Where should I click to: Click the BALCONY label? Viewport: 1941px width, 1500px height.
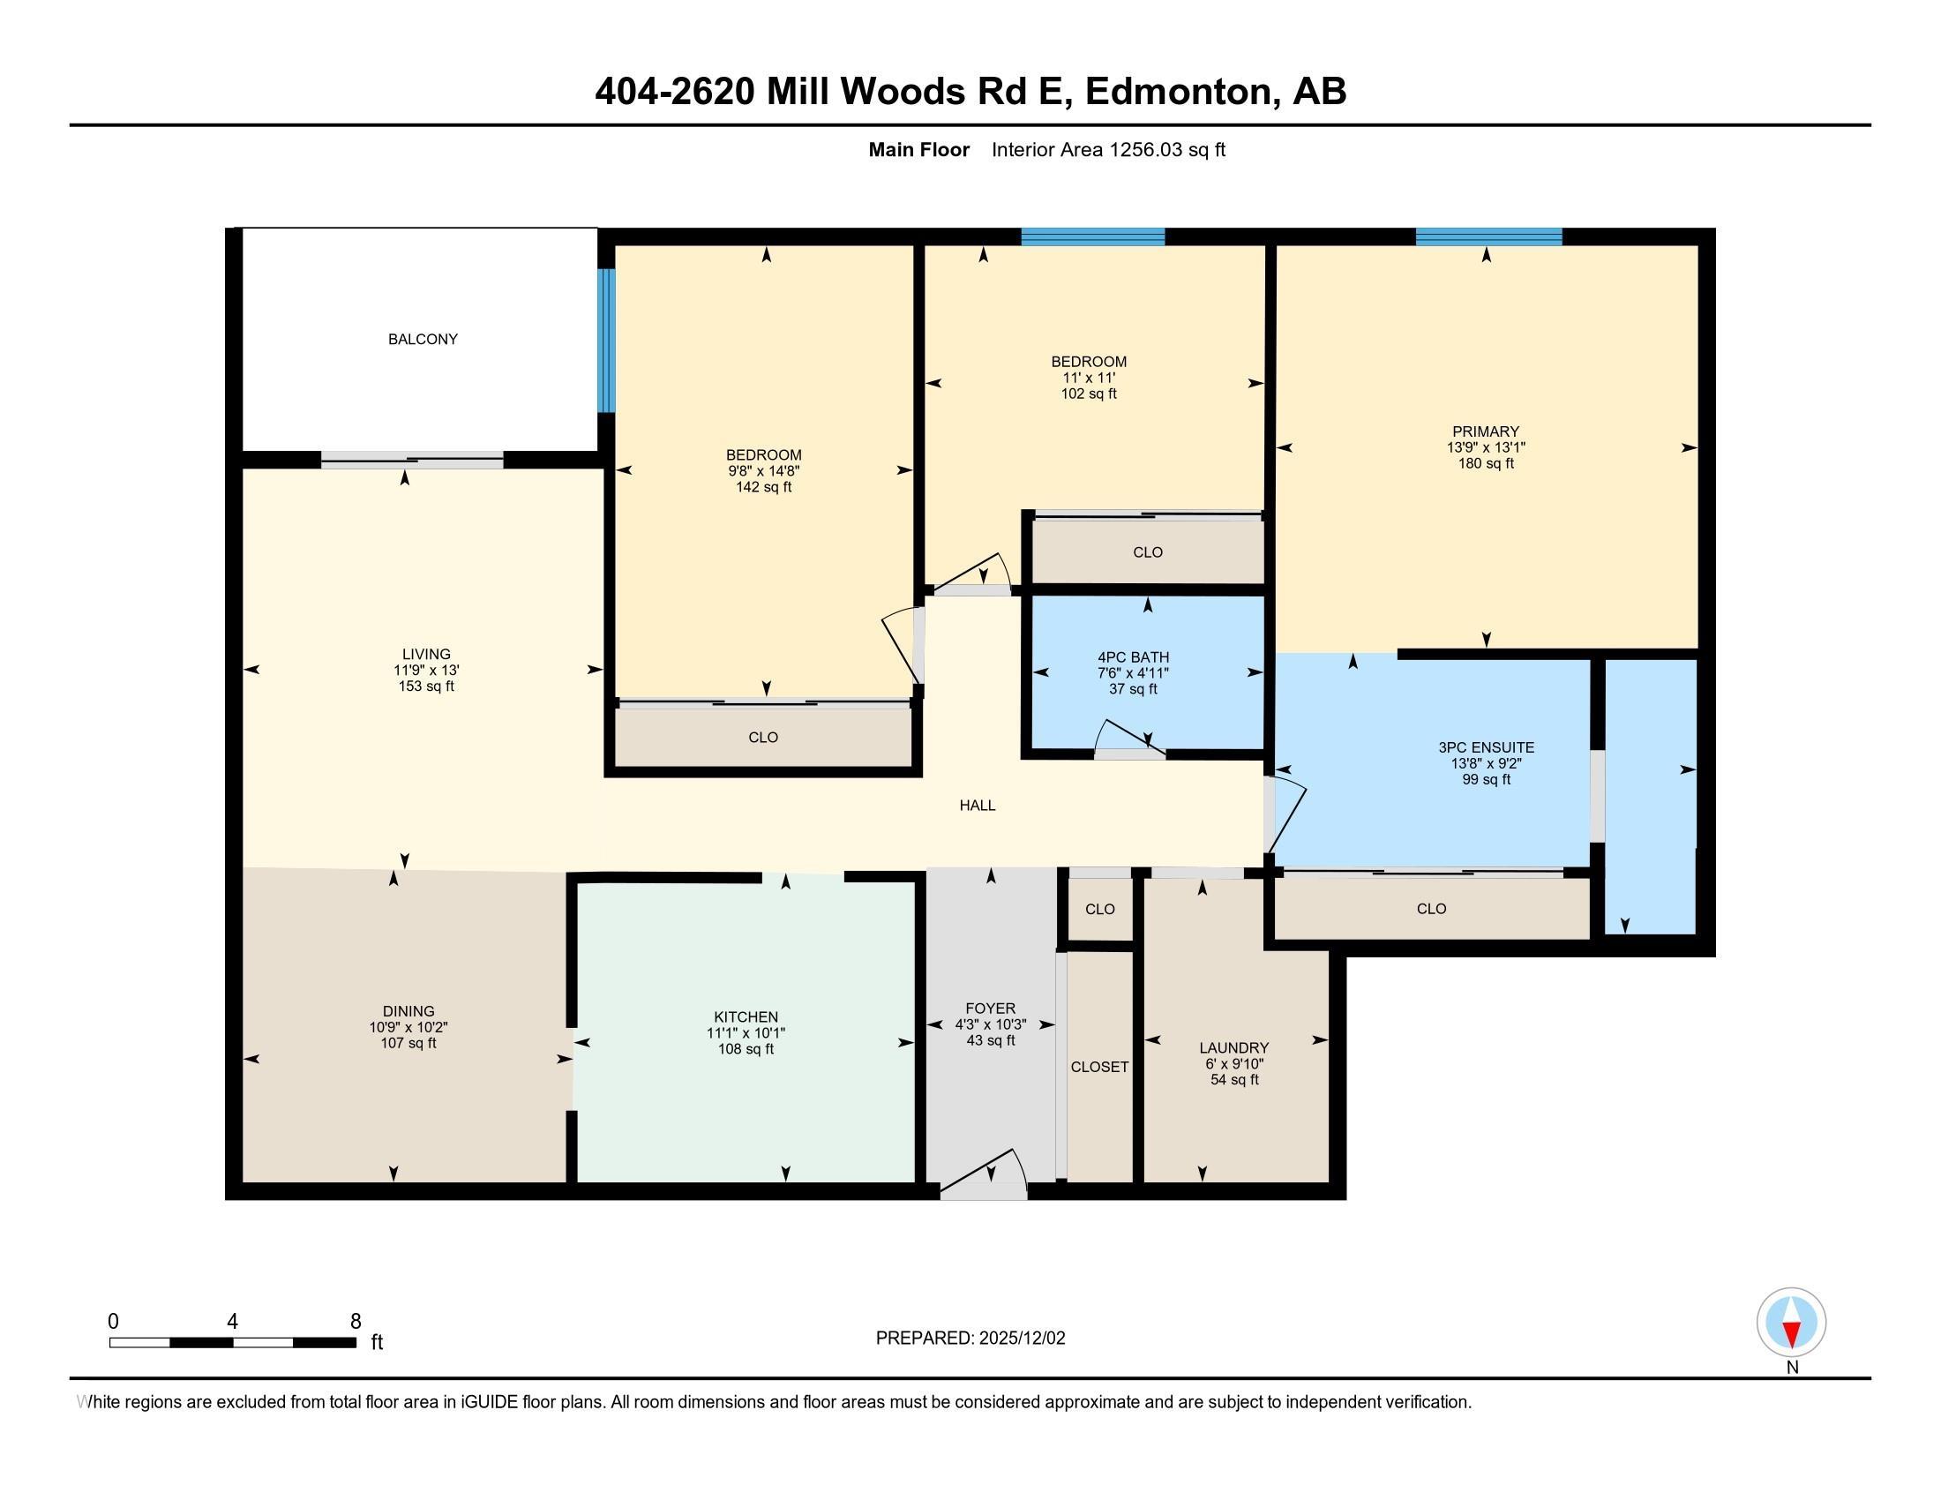click(422, 340)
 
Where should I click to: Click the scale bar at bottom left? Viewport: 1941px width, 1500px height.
click(233, 1342)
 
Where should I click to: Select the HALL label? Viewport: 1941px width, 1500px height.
click(977, 805)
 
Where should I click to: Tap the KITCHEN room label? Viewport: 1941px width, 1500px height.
click(746, 1017)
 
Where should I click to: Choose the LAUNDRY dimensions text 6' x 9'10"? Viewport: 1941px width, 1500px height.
click(1234, 1064)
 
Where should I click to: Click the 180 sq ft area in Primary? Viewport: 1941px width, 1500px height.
click(1486, 464)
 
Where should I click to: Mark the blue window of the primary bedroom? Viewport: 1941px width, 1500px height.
click(1488, 236)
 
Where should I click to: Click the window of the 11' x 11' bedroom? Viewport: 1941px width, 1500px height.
click(1092, 236)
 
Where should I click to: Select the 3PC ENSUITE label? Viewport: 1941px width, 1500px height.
click(1486, 748)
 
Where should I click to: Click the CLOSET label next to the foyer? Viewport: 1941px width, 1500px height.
click(1099, 1068)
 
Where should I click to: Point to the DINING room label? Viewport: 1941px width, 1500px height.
click(408, 1011)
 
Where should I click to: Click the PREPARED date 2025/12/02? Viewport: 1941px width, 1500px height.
click(1021, 1339)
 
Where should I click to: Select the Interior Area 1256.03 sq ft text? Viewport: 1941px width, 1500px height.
click(1108, 150)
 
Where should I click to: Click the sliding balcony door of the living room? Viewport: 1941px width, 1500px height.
click(412, 461)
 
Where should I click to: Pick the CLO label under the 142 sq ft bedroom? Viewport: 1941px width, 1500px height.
click(763, 738)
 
